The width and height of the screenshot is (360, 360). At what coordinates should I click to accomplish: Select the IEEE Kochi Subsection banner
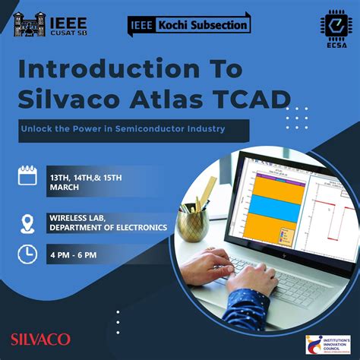pos(188,24)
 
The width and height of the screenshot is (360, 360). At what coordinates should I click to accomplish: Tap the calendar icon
pos(28,175)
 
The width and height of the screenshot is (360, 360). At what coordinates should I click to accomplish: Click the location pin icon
pos(28,223)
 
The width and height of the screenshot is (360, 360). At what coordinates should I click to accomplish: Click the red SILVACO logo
pos(41,338)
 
